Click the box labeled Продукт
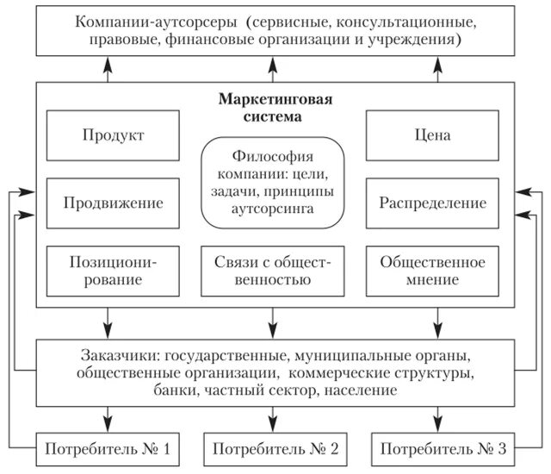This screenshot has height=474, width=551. coord(114,136)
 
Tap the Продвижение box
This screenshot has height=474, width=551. coord(114,203)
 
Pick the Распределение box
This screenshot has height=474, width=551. coord(433,203)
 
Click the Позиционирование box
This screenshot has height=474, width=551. coord(114,270)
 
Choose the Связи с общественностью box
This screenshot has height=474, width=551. coord(272,270)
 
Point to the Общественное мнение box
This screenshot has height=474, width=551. coord(433,270)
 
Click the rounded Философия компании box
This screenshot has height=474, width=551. coord(272,184)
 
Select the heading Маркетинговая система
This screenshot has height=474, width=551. coord(272,107)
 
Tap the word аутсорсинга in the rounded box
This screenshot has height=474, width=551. coord(272,209)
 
